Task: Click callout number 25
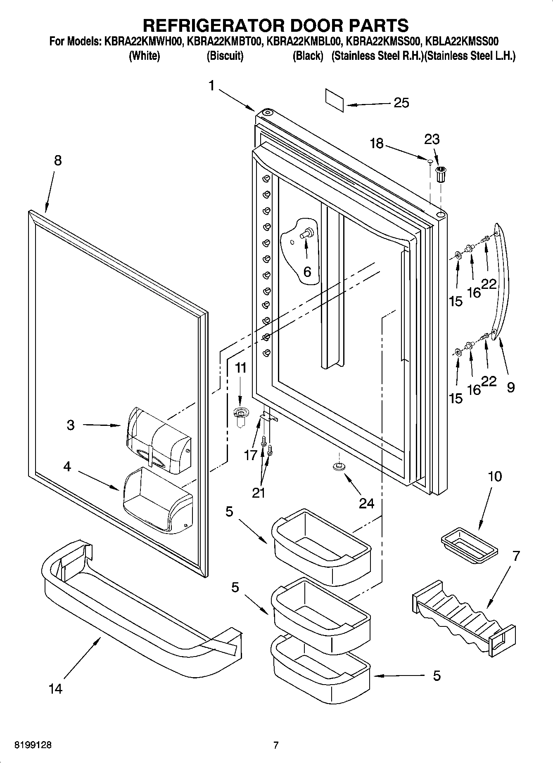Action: click(x=401, y=103)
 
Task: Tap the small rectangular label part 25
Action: click(x=335, y=100)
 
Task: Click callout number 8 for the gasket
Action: click(x=57, y=161)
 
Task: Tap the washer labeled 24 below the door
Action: click(x=338, y=467)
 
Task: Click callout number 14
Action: click(x=55, y=688)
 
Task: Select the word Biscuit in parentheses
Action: click(x=225, y=56)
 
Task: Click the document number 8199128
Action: click(x=33, y=745)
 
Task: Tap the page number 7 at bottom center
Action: click(x=276, y=745)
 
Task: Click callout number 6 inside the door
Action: click(x=307, y=272)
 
